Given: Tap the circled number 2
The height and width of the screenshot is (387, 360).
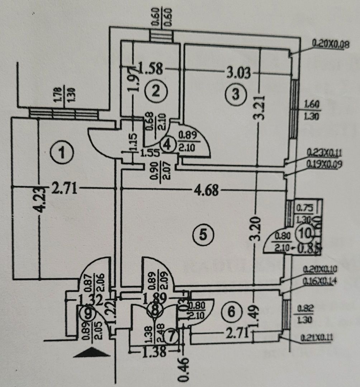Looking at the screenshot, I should pyautogui.click(x=155, y=91).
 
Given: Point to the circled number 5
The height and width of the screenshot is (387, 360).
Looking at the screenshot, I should pyautogui.click(x=203, y=235).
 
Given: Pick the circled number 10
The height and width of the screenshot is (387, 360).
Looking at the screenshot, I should pyautogui.click(x=305, y=234).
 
